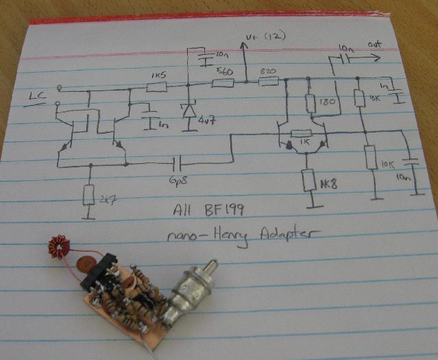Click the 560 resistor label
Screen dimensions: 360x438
(223, 71)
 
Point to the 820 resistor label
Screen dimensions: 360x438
(268, 71)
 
